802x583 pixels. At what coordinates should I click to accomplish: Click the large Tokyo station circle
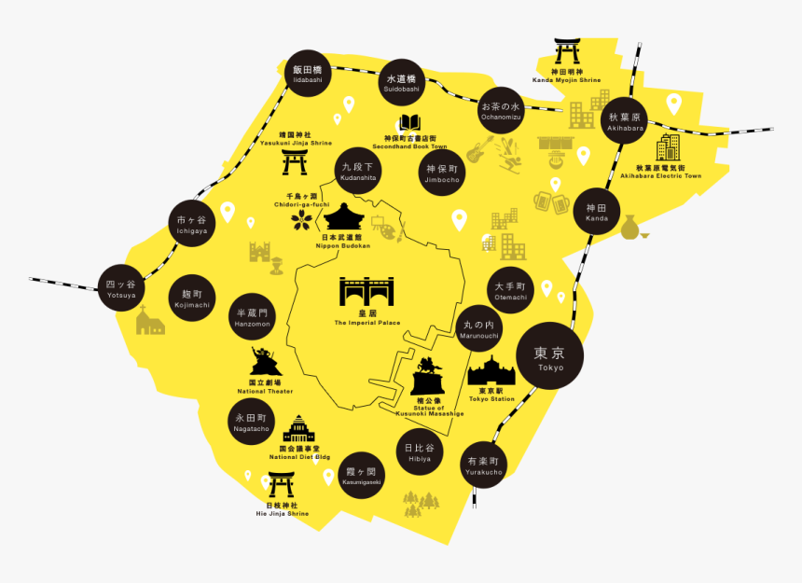[550, 357]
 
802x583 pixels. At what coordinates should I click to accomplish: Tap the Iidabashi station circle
[307, 74]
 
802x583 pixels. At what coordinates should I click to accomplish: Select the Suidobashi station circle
[403, 82]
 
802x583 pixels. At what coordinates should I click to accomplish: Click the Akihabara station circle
[625, 121]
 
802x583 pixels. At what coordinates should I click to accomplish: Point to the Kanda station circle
[597, 212]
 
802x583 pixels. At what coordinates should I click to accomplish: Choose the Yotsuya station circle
[121, 288]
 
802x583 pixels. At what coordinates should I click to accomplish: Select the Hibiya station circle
[420, 452]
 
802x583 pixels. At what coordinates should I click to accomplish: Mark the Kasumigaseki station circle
[360, 476]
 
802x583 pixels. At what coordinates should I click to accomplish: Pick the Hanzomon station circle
[252, 317]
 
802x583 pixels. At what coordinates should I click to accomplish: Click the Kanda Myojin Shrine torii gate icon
[566, 50]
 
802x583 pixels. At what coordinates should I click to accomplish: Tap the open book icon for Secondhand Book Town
[409, 123]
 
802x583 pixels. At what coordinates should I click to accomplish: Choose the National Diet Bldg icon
[298, 431]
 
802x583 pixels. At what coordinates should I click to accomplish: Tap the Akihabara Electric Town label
[668, 172]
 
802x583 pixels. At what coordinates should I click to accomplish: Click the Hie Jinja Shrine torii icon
[282, 486]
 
